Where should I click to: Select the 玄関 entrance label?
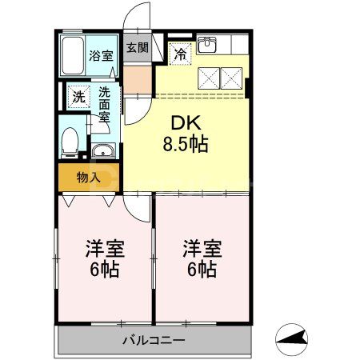(x=136, y=47)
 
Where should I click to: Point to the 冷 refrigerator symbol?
(x=181, y=54)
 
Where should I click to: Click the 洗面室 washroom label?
(x=105, y=105)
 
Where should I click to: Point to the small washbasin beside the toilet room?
(x=103, y=152)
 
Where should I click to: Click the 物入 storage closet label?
(x=89, y=178)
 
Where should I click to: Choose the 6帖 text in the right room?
(x=201, y=270)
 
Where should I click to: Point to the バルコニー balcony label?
(x=154, y=340)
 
